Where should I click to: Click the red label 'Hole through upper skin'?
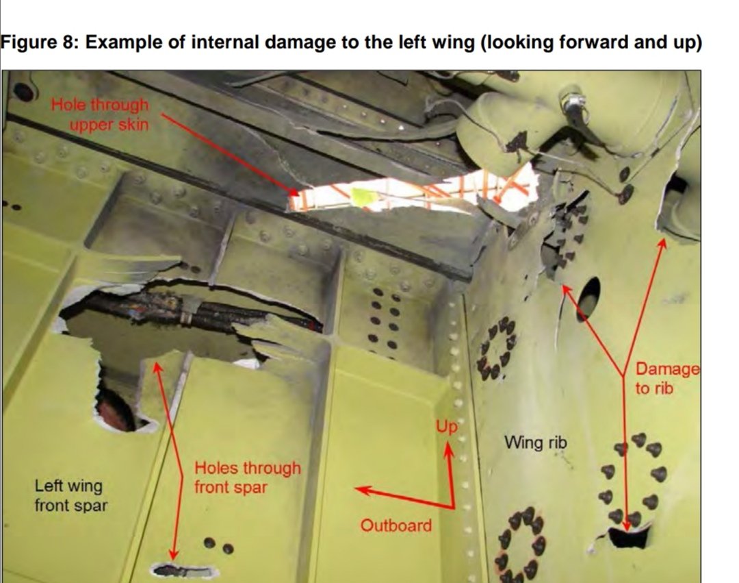101,114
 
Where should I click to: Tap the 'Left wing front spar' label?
70,496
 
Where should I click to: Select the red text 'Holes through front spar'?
247,477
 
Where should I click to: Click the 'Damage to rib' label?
667,378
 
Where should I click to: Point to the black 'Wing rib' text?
535,443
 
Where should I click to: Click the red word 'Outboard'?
396,525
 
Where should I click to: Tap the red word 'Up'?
445,427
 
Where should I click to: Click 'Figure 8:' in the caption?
40,42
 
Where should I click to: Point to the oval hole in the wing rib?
588,298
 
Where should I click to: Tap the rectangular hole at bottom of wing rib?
627,537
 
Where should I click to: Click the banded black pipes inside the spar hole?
185,314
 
